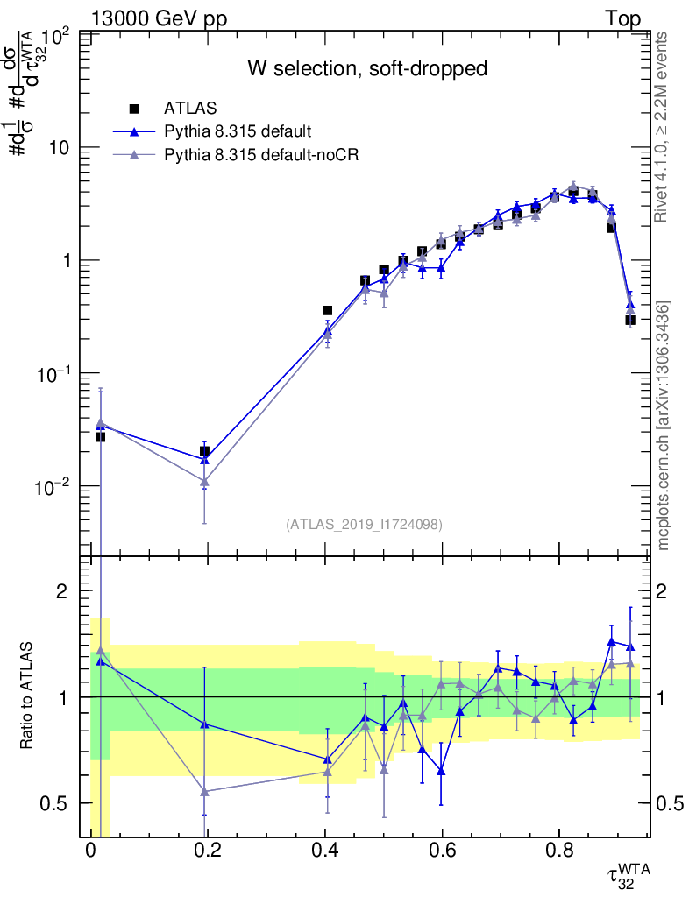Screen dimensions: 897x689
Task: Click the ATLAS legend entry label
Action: point(186,109)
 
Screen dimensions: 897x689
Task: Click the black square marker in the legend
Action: point(135,109)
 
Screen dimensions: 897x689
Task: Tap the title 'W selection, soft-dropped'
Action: point(366,68)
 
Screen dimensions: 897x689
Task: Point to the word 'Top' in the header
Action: point(622,18)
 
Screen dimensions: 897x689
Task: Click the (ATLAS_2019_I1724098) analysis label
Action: point(364,525)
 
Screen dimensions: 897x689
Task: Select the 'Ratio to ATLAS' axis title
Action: point(29,696)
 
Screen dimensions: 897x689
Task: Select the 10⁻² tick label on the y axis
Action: point(53,486)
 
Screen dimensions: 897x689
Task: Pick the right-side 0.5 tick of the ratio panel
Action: point(669,803)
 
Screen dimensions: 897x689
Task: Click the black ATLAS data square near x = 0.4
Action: point(327,310)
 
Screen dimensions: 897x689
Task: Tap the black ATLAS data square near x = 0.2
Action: point(204,451)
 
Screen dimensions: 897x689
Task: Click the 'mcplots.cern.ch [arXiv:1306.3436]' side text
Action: point(664,426)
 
